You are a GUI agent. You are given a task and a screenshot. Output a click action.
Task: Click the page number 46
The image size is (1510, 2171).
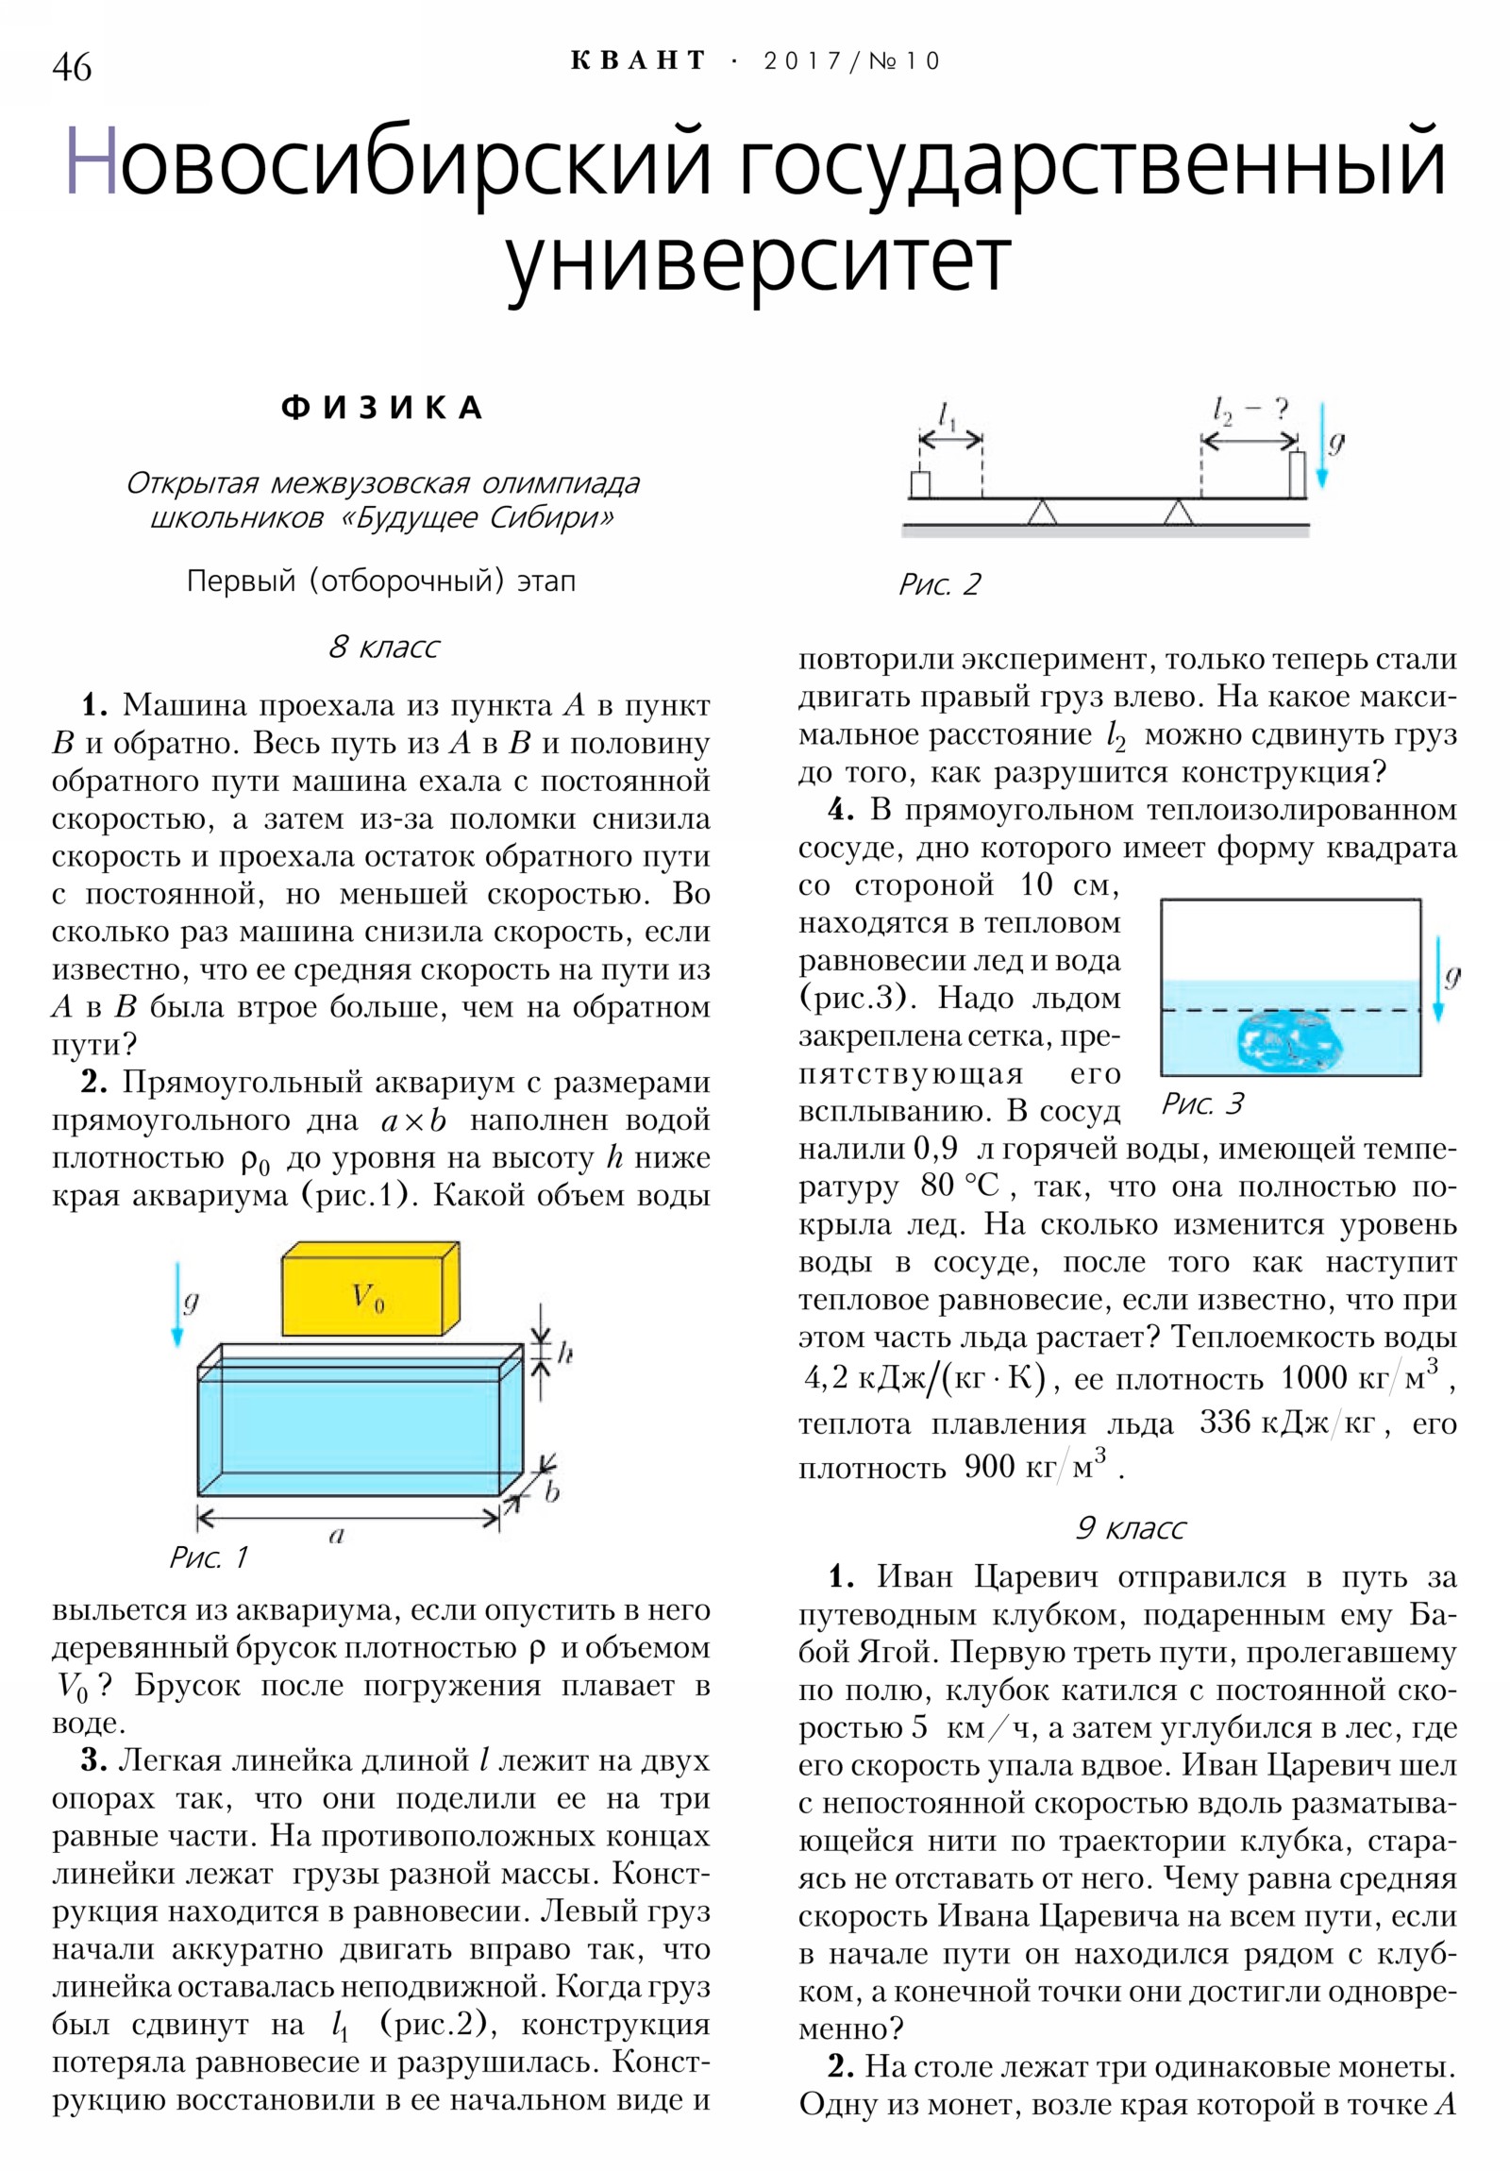click(72, 67)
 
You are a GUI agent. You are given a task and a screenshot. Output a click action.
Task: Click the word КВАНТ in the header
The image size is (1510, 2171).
click(638, 61)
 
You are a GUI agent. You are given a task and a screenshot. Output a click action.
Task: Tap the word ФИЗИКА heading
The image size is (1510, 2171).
click(382, 409)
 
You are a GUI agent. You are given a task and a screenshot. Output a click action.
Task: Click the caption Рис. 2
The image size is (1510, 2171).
click(939, 584)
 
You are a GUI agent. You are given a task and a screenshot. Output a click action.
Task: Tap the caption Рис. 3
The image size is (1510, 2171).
click(1201, 1103)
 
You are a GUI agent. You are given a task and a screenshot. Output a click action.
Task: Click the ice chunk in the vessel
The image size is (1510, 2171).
click(1289, 1042)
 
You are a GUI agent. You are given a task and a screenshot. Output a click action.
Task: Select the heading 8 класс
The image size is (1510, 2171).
click(384, 648)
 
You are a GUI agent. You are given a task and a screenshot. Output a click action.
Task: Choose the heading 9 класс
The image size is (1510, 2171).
click(1130, 1528)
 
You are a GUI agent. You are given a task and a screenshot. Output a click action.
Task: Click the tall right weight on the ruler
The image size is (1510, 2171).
click(1298, 474)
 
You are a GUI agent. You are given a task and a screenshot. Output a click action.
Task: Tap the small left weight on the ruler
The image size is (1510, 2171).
click(919, 484)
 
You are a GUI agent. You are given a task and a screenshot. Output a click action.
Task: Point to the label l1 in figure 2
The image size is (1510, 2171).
click(947, 416)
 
